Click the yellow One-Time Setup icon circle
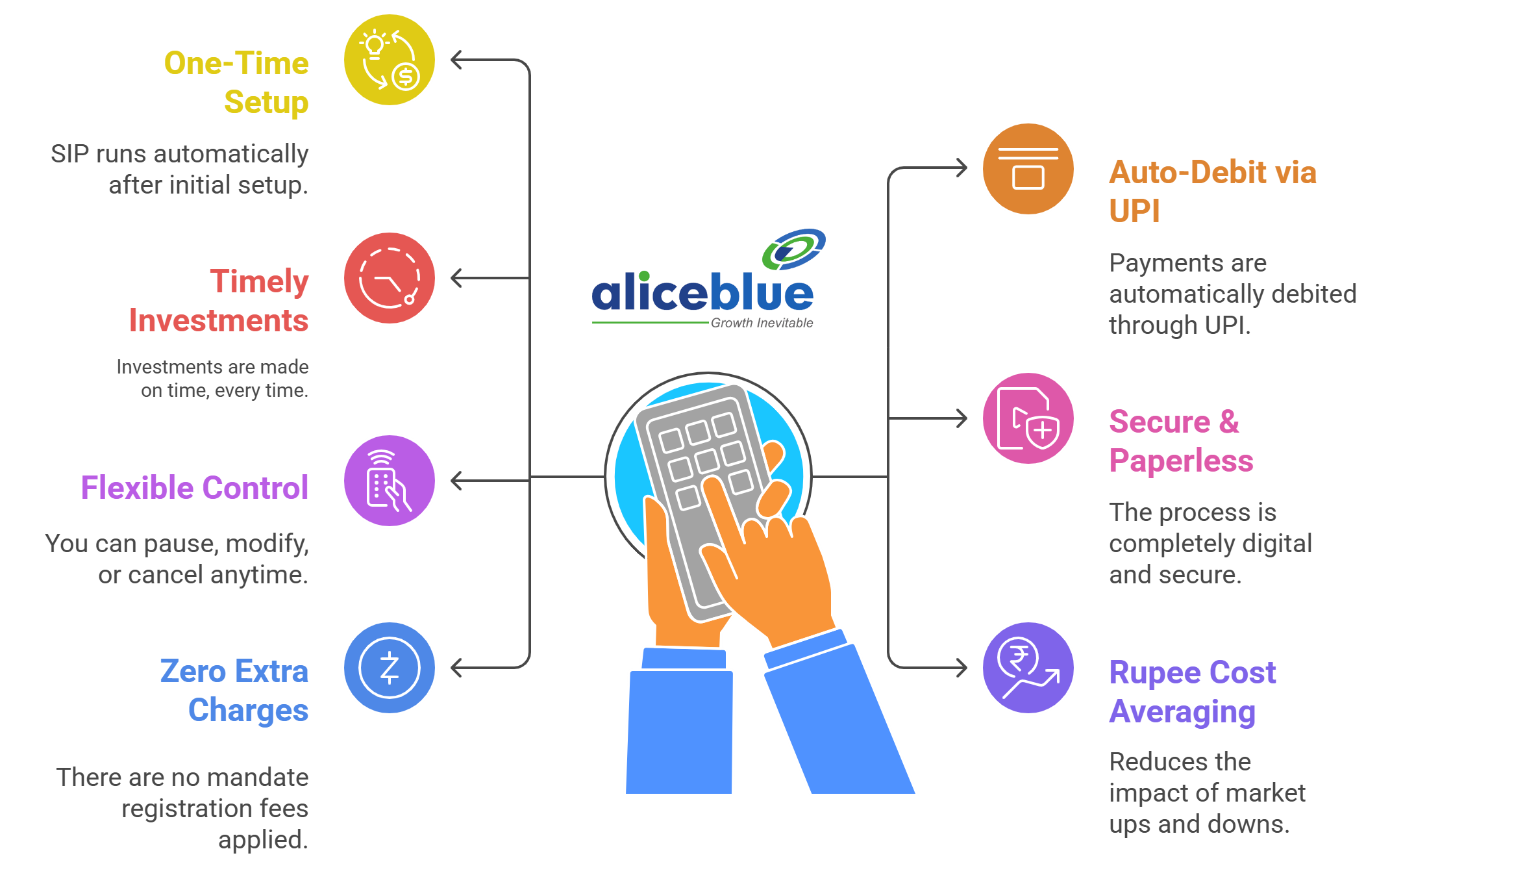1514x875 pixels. pos(390,60)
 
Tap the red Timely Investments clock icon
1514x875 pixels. pos(390,278)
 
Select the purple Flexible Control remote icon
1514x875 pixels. pos(390,481)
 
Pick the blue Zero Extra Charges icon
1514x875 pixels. pos(390,668)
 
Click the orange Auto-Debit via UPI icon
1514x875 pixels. pos(1028,169)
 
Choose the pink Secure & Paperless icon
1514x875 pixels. pos(1028,418)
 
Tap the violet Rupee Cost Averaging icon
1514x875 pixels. pos(1028,668)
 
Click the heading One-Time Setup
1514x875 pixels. pos(238,82)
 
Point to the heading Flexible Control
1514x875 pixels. pos(194,488)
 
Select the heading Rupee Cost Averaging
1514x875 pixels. pos(1192,692)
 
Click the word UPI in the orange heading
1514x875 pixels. pos(1134,211)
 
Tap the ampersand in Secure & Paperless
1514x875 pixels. pos(1228,422)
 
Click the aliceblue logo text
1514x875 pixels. pos(702,294)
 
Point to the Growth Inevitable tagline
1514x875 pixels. pos(762,323)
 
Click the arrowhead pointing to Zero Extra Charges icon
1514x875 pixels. pos(458,668)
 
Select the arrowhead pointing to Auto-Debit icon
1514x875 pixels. pos(961,168)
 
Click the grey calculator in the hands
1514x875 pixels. pos(701,494)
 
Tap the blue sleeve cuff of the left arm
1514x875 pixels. pos(683,659)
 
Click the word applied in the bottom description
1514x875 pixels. pos(263,840)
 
